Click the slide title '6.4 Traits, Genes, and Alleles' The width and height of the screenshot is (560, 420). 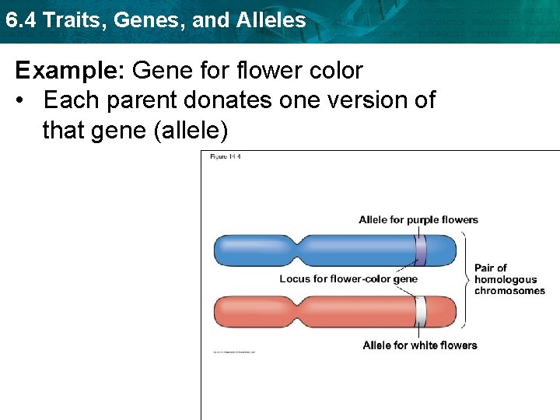tap(156, 19)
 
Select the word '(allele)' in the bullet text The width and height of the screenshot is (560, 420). tap(191, 130)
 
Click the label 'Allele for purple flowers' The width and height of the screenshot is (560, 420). tap(418, 220)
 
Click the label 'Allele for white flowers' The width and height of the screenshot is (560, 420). tap(419, 345)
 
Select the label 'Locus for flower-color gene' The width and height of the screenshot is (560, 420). tap(348, 279)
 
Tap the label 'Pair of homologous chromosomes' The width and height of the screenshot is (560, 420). tap(509, 279)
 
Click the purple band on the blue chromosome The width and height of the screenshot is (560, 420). tap(420, 250)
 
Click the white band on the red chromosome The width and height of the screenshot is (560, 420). tap(421, 312)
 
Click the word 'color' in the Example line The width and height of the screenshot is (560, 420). tap(334, 71)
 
